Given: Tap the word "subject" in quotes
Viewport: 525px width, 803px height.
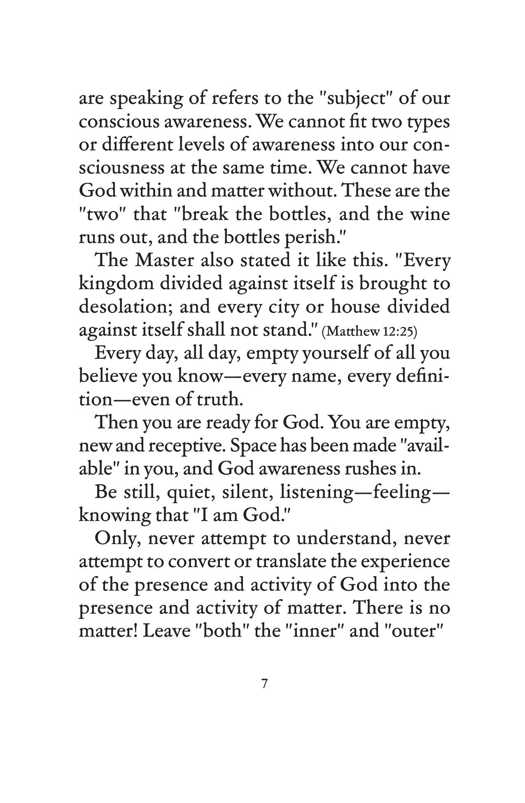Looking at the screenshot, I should pos(345,100).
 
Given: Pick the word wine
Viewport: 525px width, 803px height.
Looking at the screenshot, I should pos(433,215).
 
